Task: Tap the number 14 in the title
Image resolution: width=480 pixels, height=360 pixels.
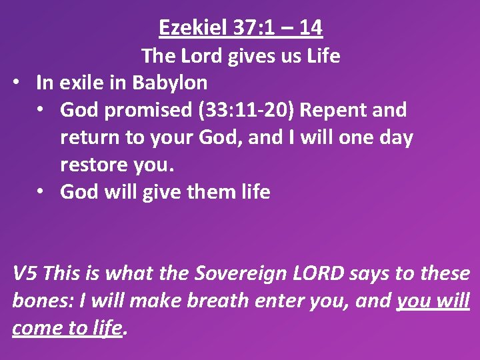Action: pos(310,28)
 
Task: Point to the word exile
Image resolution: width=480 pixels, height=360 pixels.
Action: pos(81,83)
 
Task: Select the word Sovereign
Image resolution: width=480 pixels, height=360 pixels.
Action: pos(233,273)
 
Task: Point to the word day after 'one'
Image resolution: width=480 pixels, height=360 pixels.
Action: pos(393,137)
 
